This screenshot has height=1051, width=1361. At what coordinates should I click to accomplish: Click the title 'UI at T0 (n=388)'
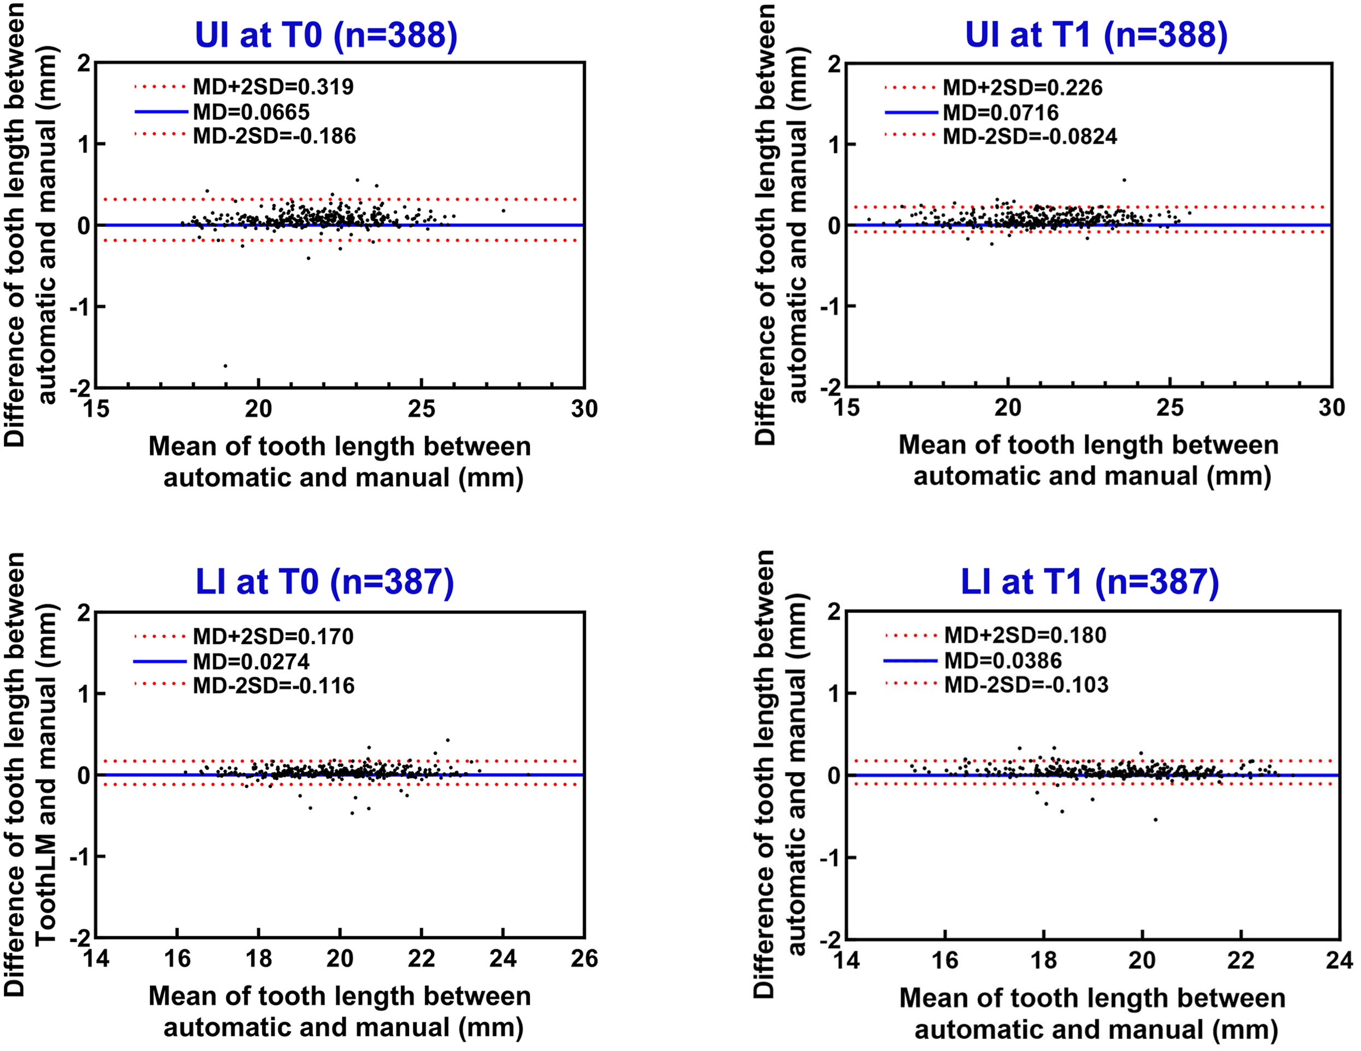point(326,35)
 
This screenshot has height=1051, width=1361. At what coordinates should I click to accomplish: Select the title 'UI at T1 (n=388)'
point(1096,35)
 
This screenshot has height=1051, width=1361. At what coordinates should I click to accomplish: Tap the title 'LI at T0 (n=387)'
point(325,582)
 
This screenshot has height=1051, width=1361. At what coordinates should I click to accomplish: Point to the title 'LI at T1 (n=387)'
point(1090,582)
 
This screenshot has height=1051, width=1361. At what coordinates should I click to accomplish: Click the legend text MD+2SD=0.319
point(273,86)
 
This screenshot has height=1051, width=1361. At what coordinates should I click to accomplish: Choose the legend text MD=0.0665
point(251,112)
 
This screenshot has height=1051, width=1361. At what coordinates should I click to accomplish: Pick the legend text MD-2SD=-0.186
point(274,136)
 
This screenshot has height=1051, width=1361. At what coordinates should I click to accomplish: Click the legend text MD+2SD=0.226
point(1023,87)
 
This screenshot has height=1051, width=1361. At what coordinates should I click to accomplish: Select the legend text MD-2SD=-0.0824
point(1030,137)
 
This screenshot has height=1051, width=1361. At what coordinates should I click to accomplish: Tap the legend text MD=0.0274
point(251,661)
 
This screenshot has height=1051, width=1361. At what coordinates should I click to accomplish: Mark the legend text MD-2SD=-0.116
point(273,685)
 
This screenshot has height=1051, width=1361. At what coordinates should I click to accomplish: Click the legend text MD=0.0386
point(1003,660)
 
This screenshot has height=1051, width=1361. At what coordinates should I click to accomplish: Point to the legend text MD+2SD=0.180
point(1025,635)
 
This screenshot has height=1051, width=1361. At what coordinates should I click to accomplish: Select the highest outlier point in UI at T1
point(1124,180)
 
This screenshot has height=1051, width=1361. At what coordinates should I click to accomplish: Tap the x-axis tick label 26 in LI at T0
point(584,959)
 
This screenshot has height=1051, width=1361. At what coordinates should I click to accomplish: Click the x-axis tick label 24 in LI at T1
point(1339,960)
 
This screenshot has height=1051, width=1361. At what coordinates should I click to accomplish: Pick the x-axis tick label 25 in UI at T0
point(421,409)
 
